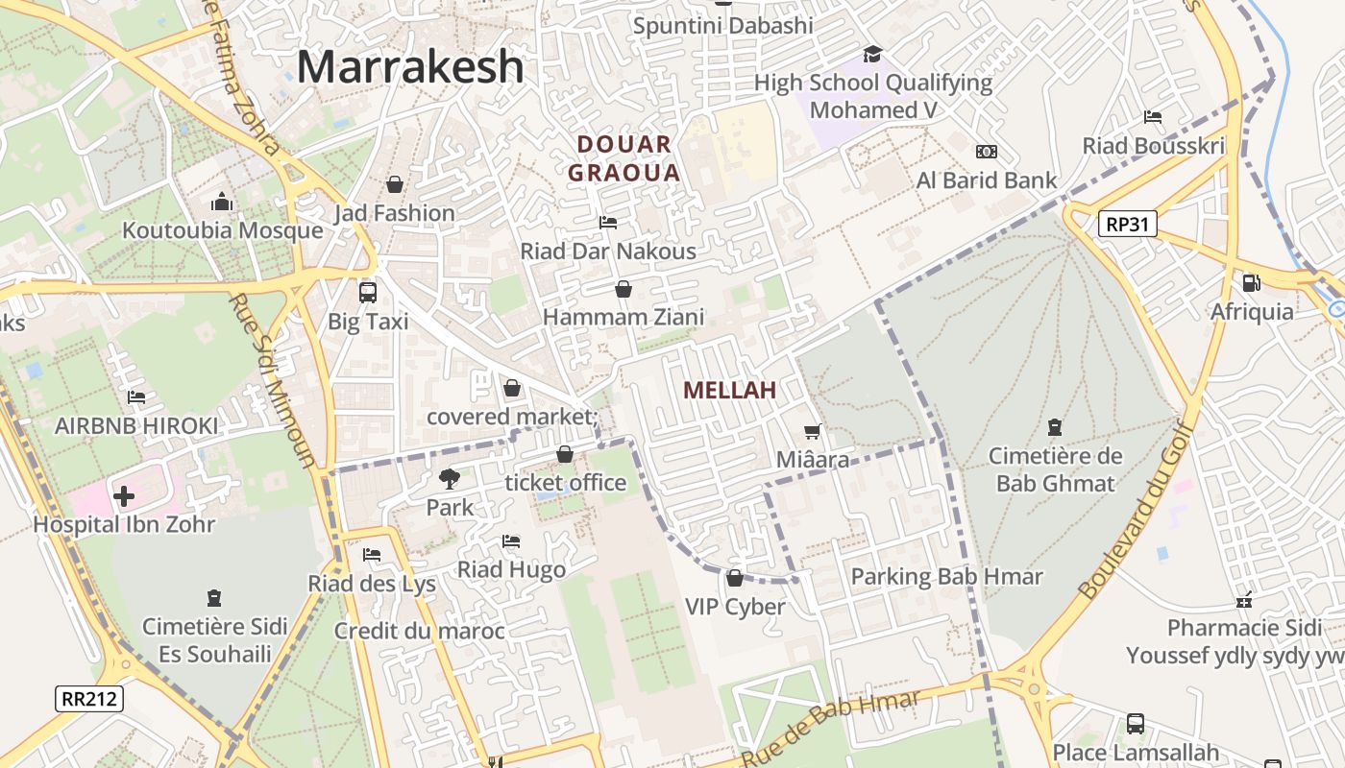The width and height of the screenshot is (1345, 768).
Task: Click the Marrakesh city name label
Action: pos(410,67)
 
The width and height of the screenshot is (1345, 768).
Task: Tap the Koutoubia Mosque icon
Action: pos(222,202)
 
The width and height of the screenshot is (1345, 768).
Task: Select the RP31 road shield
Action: pos(1128,225)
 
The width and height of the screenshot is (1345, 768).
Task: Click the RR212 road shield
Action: pos(89,698)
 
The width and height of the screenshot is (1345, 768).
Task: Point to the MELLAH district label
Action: pos(729,391)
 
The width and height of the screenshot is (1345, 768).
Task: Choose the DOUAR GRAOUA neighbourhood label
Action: pos(624,158)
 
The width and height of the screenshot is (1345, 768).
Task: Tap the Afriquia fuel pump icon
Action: pos(1251,283)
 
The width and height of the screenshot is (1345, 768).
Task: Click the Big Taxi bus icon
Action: pos(367,292)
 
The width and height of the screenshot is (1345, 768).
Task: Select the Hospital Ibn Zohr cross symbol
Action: pos(124,495)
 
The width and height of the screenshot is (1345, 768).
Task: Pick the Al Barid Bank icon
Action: pos(987,152)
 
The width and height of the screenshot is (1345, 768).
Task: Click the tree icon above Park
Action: pos(449,478)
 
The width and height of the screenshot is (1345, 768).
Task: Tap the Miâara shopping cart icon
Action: pos(813,432)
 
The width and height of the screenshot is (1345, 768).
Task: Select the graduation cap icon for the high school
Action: pos(872,54)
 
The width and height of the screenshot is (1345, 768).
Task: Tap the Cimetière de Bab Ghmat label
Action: pos(1055,468)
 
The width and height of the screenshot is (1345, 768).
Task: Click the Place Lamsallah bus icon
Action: pos(1135,723)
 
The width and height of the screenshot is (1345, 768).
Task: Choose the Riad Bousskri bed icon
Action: pos(1153,117)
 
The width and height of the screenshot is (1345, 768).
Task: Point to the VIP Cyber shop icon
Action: pos(735,578)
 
